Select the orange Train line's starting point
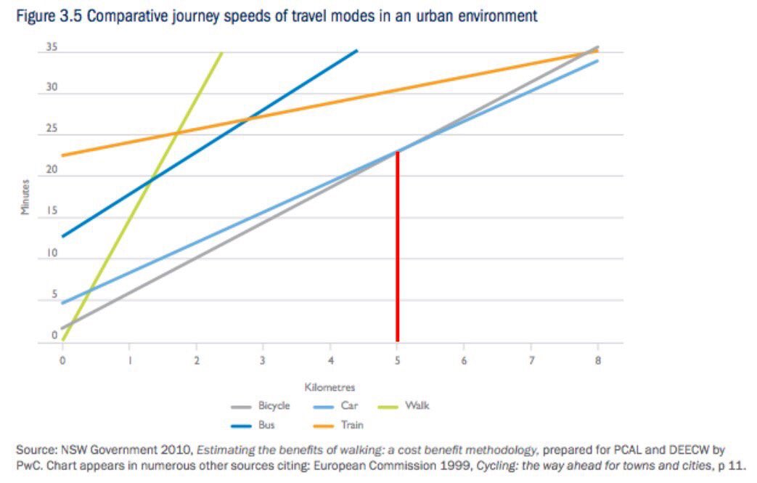pyautogui.click(x=64, y=155)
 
